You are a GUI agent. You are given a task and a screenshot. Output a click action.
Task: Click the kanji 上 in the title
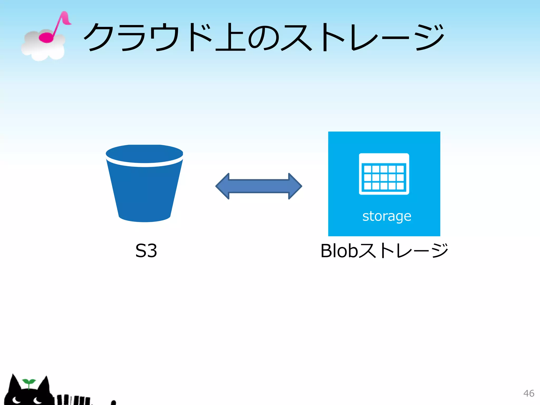[x=230, y=37]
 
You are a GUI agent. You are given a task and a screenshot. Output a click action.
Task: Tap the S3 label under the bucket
[x=146, y=250]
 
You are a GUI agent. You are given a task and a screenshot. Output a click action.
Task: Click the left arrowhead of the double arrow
[x=223, y=186]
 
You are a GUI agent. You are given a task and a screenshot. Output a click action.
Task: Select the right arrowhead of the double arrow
[x=295, y=186]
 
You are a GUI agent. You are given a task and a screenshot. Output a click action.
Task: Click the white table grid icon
[x=384, y=174]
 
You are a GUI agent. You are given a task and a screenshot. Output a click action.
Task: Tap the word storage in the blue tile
[x=387, y=216]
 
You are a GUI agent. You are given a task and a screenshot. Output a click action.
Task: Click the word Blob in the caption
[x=339, y=250]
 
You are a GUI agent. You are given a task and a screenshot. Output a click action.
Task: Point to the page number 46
[x=528, y=393]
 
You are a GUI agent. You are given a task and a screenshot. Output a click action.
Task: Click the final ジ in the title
[x=430, y=37]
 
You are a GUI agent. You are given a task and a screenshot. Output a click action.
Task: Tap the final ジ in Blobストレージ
[x=438, y=250]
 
